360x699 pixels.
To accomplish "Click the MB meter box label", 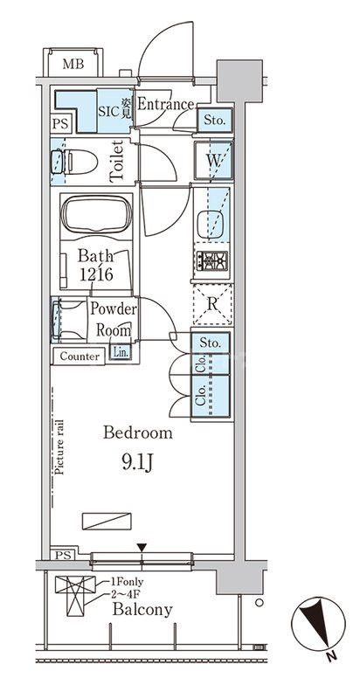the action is (73, 64).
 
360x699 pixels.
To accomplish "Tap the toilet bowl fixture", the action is (75, 162).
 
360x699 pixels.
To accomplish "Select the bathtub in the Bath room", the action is (96, 215).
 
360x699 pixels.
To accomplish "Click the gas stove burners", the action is (212, 260).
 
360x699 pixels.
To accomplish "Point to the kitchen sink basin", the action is (210, 225).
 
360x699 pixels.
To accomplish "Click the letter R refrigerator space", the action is (212, 304).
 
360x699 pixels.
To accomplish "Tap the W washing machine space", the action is (213, 161).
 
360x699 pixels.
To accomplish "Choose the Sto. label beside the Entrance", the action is (214, 120).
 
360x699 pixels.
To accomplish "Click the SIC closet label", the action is (109, 111).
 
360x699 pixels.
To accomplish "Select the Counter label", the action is (80, 356).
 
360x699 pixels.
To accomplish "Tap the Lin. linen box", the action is (121, 352).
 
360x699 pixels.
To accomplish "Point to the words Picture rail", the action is (60, 447).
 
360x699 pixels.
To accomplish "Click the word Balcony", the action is (142, 609).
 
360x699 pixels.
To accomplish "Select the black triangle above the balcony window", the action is (142, 548).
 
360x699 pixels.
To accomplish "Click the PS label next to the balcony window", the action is (63, 555).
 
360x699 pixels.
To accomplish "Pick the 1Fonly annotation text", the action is (127, 582).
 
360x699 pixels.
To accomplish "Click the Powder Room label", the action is (114, 320).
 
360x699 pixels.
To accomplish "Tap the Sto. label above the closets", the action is (210, 343).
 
